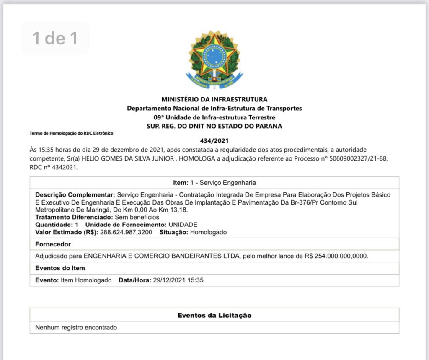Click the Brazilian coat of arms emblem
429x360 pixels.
pos(214,59)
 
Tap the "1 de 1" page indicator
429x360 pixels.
pos(55,38)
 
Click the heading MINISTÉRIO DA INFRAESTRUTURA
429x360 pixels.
pos(214,99)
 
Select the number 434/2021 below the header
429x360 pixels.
pos(214,142)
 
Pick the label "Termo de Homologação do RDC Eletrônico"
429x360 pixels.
pos(71,133)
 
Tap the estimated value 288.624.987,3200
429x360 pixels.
pos(126,232)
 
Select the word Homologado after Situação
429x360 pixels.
pos(208,232)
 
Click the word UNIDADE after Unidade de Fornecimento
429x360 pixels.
pos(183,225)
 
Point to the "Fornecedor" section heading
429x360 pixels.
pos(53,244)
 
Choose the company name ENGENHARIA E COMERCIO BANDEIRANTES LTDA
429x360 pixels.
pos(162,256)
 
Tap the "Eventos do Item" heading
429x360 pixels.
pos(60,268)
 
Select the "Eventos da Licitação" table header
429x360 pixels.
pos(214,315)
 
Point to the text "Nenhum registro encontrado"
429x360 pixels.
pos(76,327)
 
